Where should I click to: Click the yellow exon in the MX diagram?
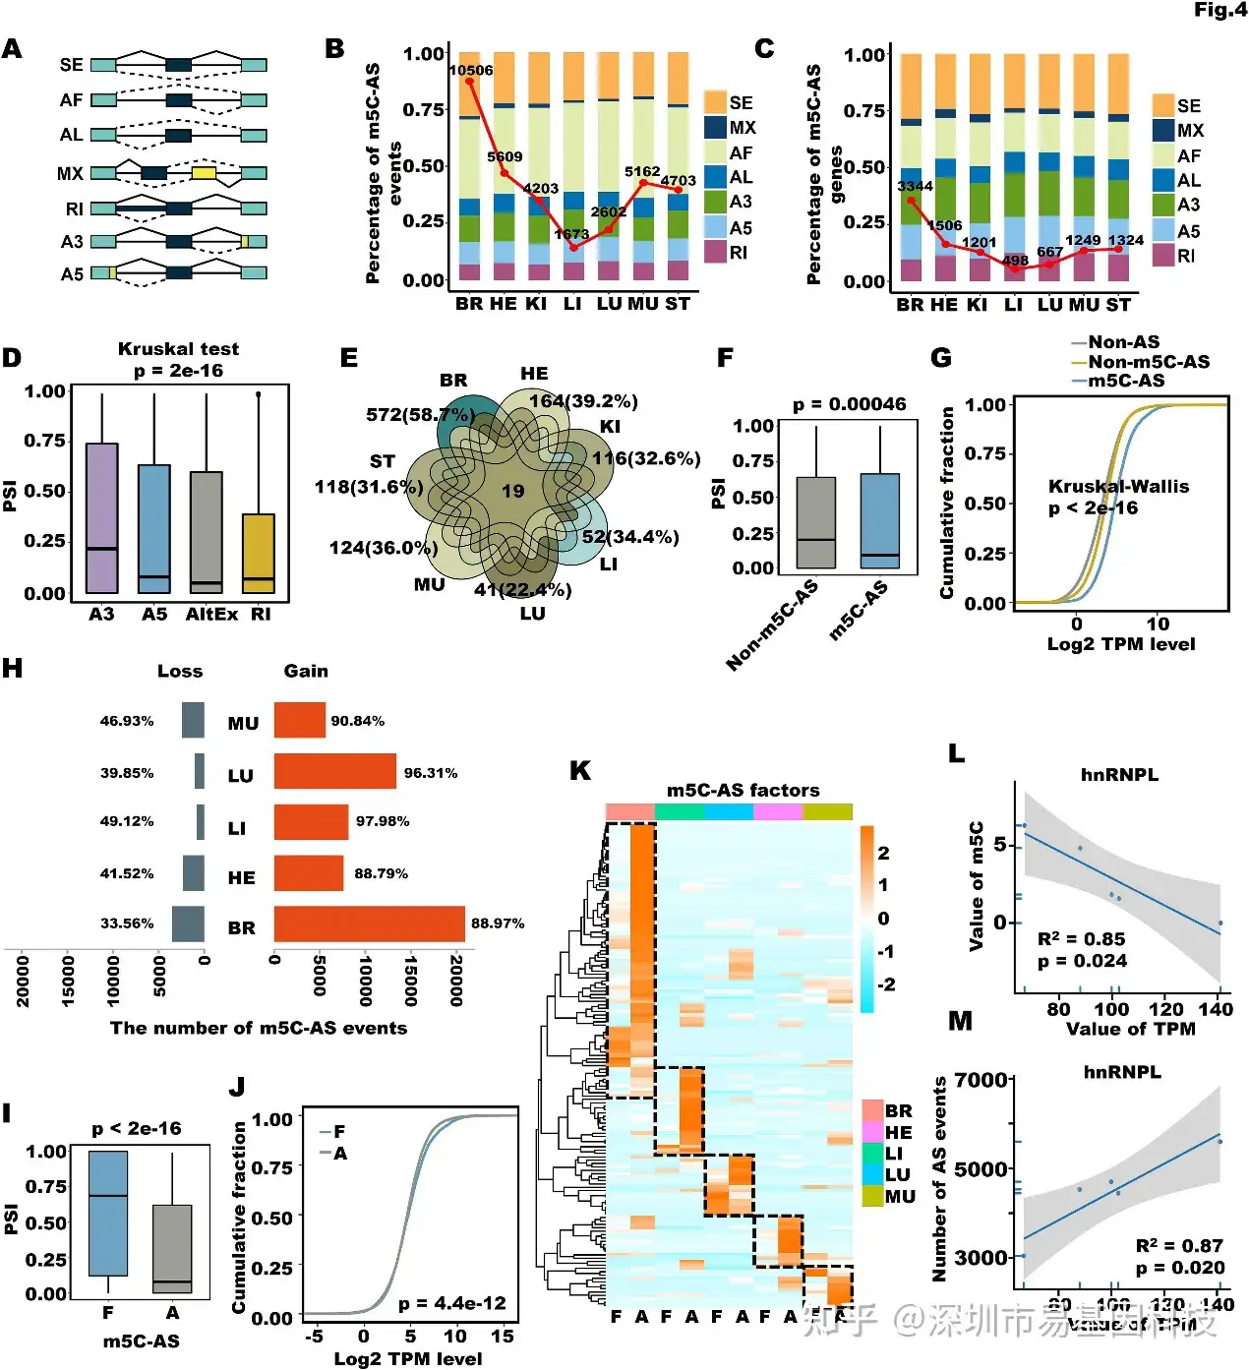click(204, 173)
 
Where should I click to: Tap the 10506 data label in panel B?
click(471, 70)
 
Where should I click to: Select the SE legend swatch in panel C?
click(1163, 105)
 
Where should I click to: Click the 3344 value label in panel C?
click(915, 186)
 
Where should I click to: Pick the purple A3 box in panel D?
click(101, 518)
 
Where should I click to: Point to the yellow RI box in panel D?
click(259, 553)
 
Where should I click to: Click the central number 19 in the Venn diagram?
click(513, 491)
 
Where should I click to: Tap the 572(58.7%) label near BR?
click(420, 415)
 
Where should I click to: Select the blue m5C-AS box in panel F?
click(879, 521)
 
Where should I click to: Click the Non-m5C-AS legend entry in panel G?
click(1148, 362)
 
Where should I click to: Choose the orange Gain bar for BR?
click(369, 923)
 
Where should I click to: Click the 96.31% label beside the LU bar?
click(431, 773)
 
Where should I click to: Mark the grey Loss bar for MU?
click(193, 720)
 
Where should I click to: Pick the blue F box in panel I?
click(108, 1213)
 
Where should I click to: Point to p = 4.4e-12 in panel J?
click(451, 1304)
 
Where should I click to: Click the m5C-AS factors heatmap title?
click(743, 790)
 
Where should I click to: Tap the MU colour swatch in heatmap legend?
click(872, 1196)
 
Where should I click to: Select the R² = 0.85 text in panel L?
click(1081, 939)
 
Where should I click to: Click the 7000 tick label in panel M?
click(981, 1080)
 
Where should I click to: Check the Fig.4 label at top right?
click(1219, 10)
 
